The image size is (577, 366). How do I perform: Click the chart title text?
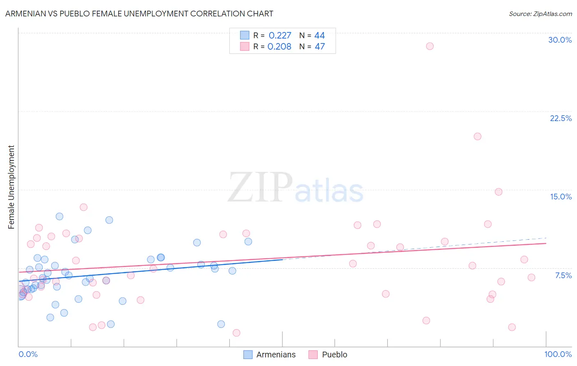tap(139, 14)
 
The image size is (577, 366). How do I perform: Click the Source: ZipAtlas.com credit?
tap(540, 14)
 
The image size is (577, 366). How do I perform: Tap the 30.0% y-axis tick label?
tap(560, 40)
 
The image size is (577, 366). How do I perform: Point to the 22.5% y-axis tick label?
tap(561, 118)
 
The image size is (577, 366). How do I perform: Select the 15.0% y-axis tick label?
tap(561, 197)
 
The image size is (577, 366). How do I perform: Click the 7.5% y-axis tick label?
tap(563, 275)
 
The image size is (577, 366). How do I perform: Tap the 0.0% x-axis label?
tap(28, 354)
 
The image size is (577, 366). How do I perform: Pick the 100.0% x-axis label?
tap(558, 354)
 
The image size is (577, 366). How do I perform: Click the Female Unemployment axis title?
tap(11, 187)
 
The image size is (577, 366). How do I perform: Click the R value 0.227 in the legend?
tap(280, 36)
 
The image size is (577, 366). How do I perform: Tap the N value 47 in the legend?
tap(320, 47)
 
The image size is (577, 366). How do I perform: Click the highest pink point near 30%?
tap(430, 46)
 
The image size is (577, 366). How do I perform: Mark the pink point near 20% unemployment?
tap(477, 136)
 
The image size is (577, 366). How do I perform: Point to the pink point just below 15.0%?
tap(499, 192)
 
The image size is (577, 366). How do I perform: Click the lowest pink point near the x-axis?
tap(236, 333)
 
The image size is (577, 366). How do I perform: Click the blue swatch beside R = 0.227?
tap(245, 35)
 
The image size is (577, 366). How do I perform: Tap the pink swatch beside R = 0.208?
tap(245, 46)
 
